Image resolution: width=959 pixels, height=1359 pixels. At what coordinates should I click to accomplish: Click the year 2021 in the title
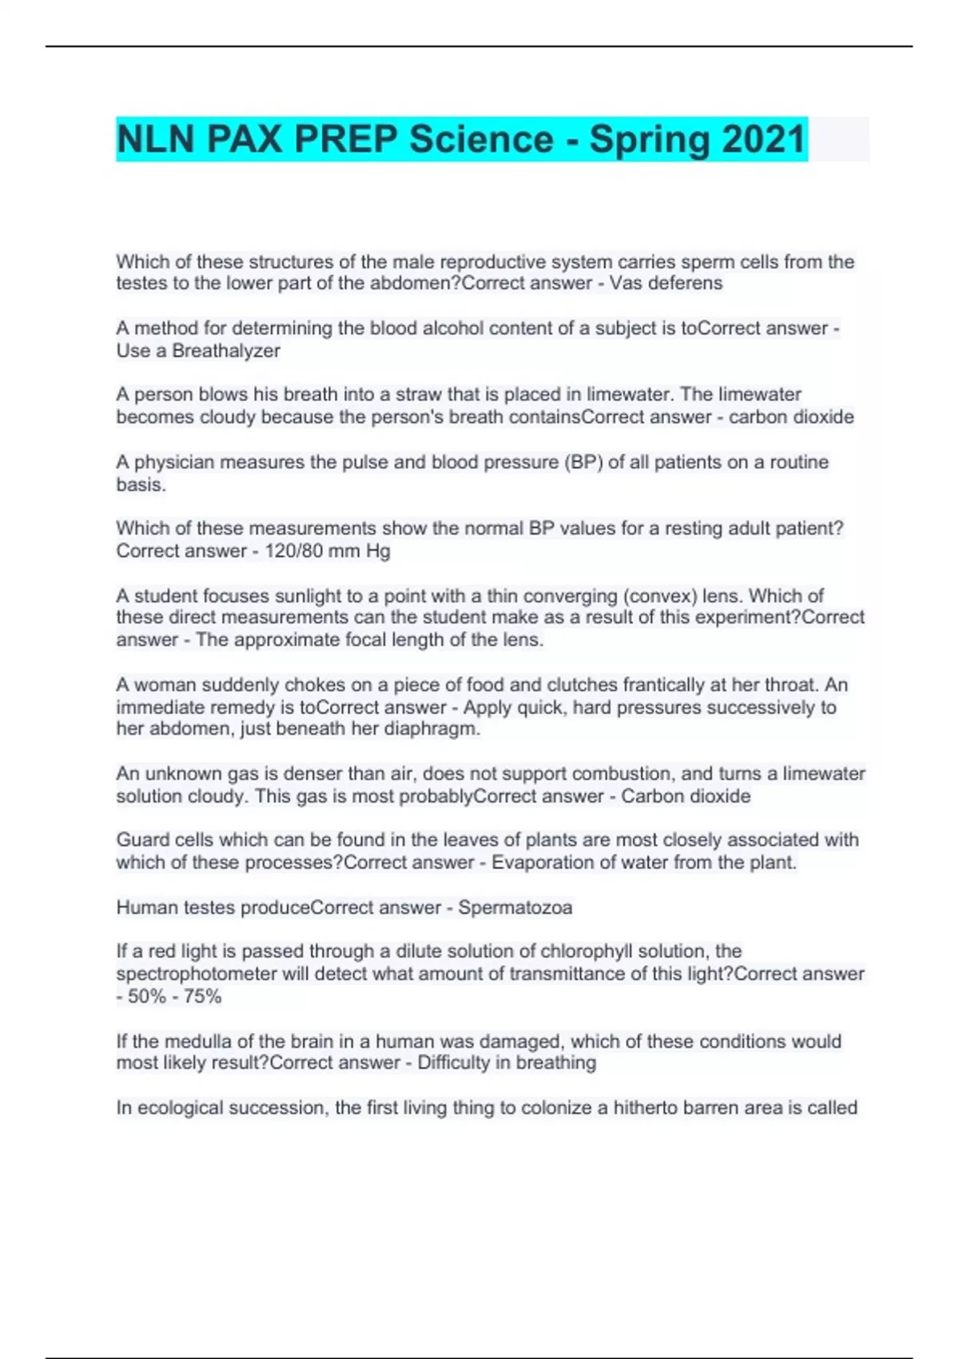(763, 139)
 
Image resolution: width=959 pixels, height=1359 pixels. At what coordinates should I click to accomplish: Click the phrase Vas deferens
(666, 283)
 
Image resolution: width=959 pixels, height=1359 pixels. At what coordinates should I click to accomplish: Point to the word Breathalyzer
(226, 350)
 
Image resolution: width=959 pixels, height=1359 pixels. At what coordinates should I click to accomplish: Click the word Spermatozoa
(515, 907)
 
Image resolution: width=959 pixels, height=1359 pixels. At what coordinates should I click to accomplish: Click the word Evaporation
(539, 863)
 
